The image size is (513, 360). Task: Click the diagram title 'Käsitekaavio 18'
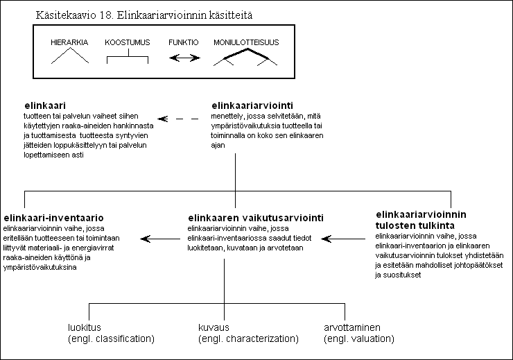coord(74,15)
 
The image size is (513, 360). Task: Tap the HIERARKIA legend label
coord(69,42)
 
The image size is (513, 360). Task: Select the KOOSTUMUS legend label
coord(128,42)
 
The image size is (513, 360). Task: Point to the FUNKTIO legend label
coord(184,42)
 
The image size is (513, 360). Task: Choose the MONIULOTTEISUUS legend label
coord(246,42)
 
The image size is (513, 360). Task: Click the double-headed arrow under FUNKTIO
coord(184,58)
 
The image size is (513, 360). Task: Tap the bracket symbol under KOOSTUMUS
coord(128,57)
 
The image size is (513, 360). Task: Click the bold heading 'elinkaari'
coord(45,105)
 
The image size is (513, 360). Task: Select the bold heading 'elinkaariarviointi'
coord(252,105)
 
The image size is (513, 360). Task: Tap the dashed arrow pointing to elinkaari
coord(178,119)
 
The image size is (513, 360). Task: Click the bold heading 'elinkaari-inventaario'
coord(53,218)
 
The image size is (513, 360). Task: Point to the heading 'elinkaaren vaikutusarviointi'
coord(256,218)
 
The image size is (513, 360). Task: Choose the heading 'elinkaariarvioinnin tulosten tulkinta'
coord(421,220)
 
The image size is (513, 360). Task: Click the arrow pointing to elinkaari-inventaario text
coord(160,239)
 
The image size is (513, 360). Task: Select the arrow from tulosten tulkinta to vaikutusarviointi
coord(343,239)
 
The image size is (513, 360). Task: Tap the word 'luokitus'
coord(85,327)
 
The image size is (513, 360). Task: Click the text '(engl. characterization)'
coord(248,338)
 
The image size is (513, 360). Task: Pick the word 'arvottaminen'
coord(352,327)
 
